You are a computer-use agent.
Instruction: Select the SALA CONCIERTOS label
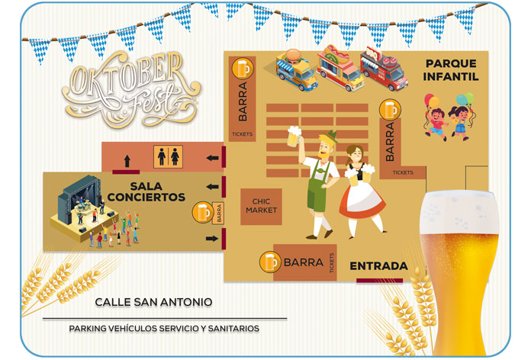(146, 191)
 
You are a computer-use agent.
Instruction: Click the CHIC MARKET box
(261, 206)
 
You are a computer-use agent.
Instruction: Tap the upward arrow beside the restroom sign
(126, 160)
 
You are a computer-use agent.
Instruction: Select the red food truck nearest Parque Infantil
(384, 67)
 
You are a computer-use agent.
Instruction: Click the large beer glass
(459, 267)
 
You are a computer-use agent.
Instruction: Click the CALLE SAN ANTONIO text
(153, 302)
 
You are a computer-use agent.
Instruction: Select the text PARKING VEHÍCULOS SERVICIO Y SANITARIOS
(164, 328)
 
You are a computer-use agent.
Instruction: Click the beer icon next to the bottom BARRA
(269, 262)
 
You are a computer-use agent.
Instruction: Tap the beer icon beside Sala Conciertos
(202, 211)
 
